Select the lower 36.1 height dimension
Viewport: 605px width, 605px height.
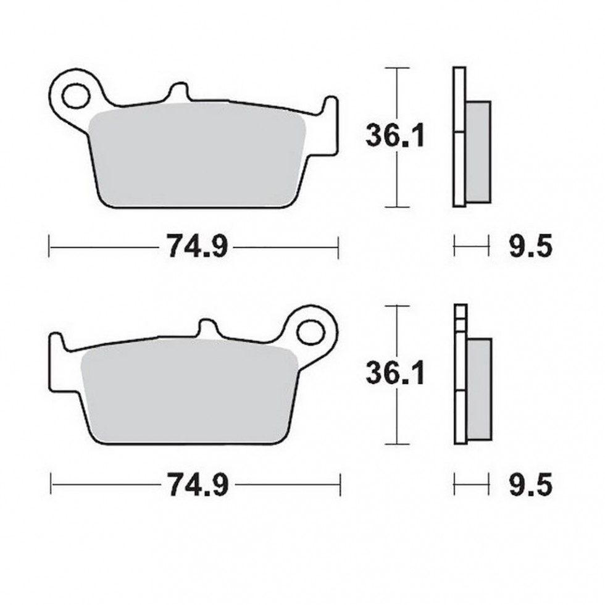click(x=395, y=373)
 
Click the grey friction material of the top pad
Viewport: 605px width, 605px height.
click(x=198, y=157)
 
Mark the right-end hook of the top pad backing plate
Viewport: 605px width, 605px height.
click(x=332, y=108)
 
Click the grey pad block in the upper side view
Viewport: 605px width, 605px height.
click(x=478, y=151)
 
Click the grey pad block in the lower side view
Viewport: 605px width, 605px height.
click(x=480, y=389)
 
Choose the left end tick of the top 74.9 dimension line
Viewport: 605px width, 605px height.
click(x=49, y=248)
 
